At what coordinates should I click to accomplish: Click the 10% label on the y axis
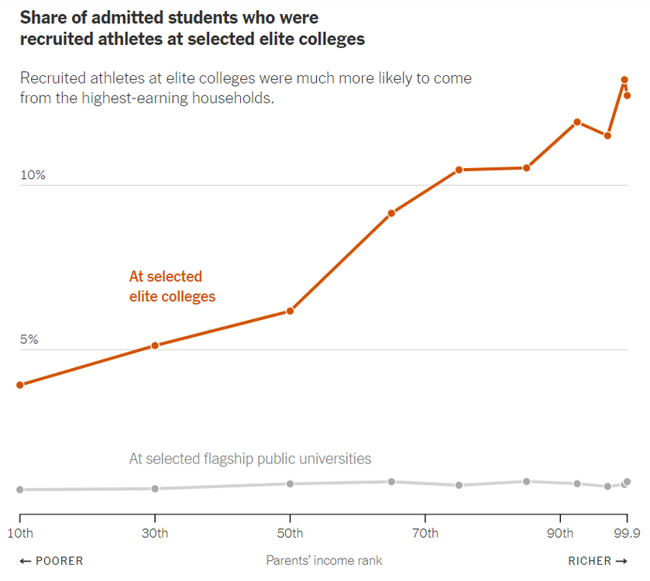coord(33,175)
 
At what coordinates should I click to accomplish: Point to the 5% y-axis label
coord(29,339)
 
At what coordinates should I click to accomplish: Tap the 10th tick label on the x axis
coord(20,533)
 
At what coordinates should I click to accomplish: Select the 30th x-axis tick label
coord(155,533)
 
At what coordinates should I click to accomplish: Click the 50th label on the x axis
coord(290,533)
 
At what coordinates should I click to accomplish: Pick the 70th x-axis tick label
coord(425,533)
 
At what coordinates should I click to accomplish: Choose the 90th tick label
coord(560,533)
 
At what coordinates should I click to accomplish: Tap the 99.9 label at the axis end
coord(625,533)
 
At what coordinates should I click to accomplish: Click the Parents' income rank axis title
coord(324,560)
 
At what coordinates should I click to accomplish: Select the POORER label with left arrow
coord(51,561)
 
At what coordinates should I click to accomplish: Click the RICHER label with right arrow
coord(599,561)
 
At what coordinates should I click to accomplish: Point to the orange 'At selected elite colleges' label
coord(172,287)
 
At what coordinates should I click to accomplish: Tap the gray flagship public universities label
coord(250,459)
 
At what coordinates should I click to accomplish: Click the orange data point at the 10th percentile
coord(20,384)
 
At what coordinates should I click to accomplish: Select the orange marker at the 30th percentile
coord(155,345)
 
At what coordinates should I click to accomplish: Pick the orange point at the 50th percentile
coord(290,311)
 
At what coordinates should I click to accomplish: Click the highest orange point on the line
coord(624,80)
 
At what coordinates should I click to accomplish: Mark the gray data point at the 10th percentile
coord(20,490)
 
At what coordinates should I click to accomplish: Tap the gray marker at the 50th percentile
coord(290,483)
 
